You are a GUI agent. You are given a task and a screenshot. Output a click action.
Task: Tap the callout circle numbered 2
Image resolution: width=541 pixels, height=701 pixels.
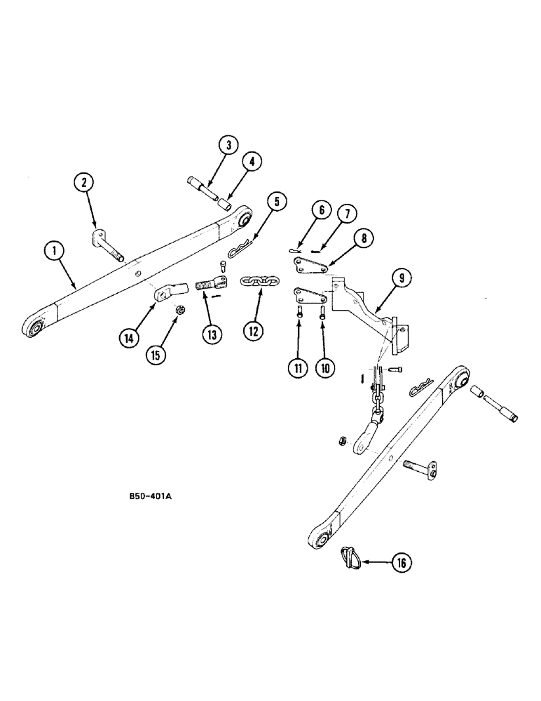pyautogui.click(x=84, y=184)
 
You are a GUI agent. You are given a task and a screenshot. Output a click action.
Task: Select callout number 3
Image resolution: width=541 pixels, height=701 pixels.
pyautogui.click(x=227, y=146)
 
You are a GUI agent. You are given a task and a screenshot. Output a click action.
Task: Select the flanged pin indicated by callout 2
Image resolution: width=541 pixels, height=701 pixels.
pyautogui.click(x=109, y=245)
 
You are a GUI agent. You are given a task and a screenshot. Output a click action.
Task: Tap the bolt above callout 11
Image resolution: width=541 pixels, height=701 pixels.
pyautogui.click(x=300, y=313)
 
